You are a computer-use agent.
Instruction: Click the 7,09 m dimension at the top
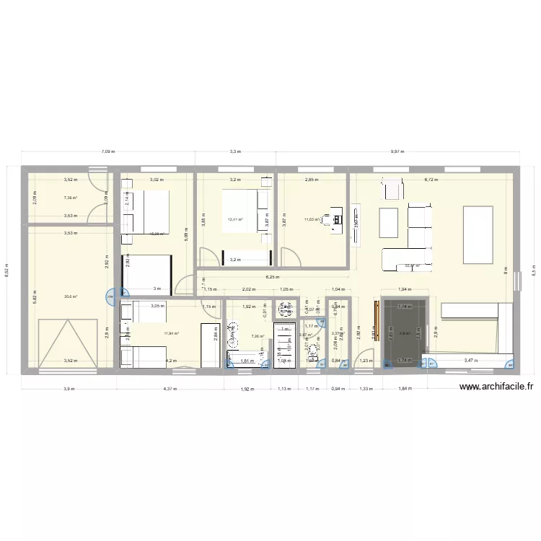pos(108,152)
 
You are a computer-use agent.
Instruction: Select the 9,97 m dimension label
pos(397,152)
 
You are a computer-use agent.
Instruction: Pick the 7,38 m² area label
pos(70,198)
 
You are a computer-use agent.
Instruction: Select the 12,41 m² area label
pos(235,220)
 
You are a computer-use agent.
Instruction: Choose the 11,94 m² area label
pos(171,333)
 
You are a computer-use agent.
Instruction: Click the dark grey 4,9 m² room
pos(404,332)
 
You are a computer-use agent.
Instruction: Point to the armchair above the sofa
pos(392,189)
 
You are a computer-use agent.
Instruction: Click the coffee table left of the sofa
pos(388,222)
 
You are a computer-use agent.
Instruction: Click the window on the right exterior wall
pos(516,280)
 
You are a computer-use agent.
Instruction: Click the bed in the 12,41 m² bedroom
pos(238,209)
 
